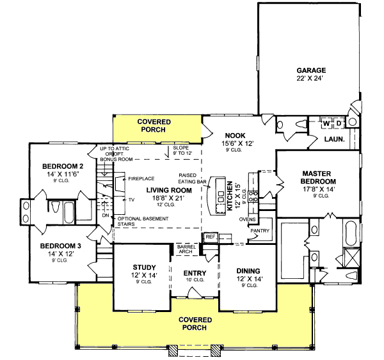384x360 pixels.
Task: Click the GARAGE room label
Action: coord(311,70)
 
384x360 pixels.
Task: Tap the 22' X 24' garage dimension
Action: coord(311,79)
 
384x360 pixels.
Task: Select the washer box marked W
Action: coord(326,122)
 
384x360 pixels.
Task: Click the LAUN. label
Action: coord(335,139)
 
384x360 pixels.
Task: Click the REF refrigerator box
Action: coord(211,237)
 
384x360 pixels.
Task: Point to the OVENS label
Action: coord(247,219)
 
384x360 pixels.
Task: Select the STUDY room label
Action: coord(140,267)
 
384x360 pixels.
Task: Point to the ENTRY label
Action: coord(194,272)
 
